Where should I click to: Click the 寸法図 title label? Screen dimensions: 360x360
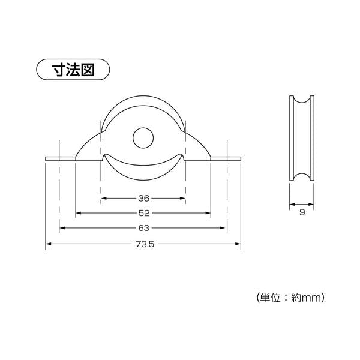(x=73, y=70)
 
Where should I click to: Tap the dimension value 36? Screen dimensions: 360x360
(x=144, y=199)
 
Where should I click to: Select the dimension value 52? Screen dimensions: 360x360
(x=144, y=213)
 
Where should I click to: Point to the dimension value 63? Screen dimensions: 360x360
(x=144, y=228)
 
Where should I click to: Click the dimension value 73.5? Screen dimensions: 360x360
(x=145, y=244)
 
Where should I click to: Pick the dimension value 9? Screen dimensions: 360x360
(x=302, y=212)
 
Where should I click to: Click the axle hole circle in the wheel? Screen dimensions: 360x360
(x=143, y=138)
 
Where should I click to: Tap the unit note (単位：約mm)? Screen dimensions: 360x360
(x=290, y=298)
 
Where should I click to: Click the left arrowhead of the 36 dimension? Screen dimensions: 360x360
(x=104, y=199)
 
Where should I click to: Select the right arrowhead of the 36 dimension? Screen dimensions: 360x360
(x=182, y=199)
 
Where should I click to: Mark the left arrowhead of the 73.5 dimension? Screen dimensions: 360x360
(x=49, y=244)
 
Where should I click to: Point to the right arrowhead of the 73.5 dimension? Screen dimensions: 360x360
(x=238, y=244)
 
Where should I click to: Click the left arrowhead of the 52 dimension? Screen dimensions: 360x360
(x=79, y=213)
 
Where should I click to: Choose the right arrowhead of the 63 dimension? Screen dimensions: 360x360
(x=222, y=228)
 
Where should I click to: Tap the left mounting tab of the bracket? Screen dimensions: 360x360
(x=61, y=159)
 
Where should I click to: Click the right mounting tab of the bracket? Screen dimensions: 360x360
(x=226, y=159)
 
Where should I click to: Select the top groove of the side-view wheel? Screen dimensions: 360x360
(x=302, y=101)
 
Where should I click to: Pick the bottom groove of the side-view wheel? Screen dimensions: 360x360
(x=302, y=176)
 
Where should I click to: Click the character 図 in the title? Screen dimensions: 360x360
(x=88, y=70)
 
